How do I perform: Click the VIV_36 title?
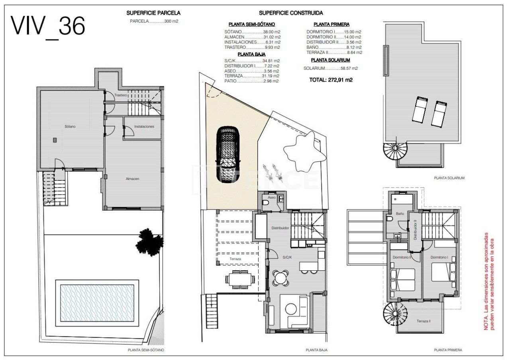click(48, 26)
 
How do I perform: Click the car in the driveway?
click(228, 155)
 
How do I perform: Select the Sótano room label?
click(70, 127)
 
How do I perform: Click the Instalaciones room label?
click(144, 127)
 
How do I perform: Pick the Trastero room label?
click(120, 96)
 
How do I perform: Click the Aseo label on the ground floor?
click(272, 197)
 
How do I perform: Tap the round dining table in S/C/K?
click(281, 277)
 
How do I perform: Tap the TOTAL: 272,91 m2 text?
click(331, 80)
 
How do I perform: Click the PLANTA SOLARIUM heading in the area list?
click(330, 60)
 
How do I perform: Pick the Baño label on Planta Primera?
click(400, 214)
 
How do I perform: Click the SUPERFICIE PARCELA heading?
click(153, 13)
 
